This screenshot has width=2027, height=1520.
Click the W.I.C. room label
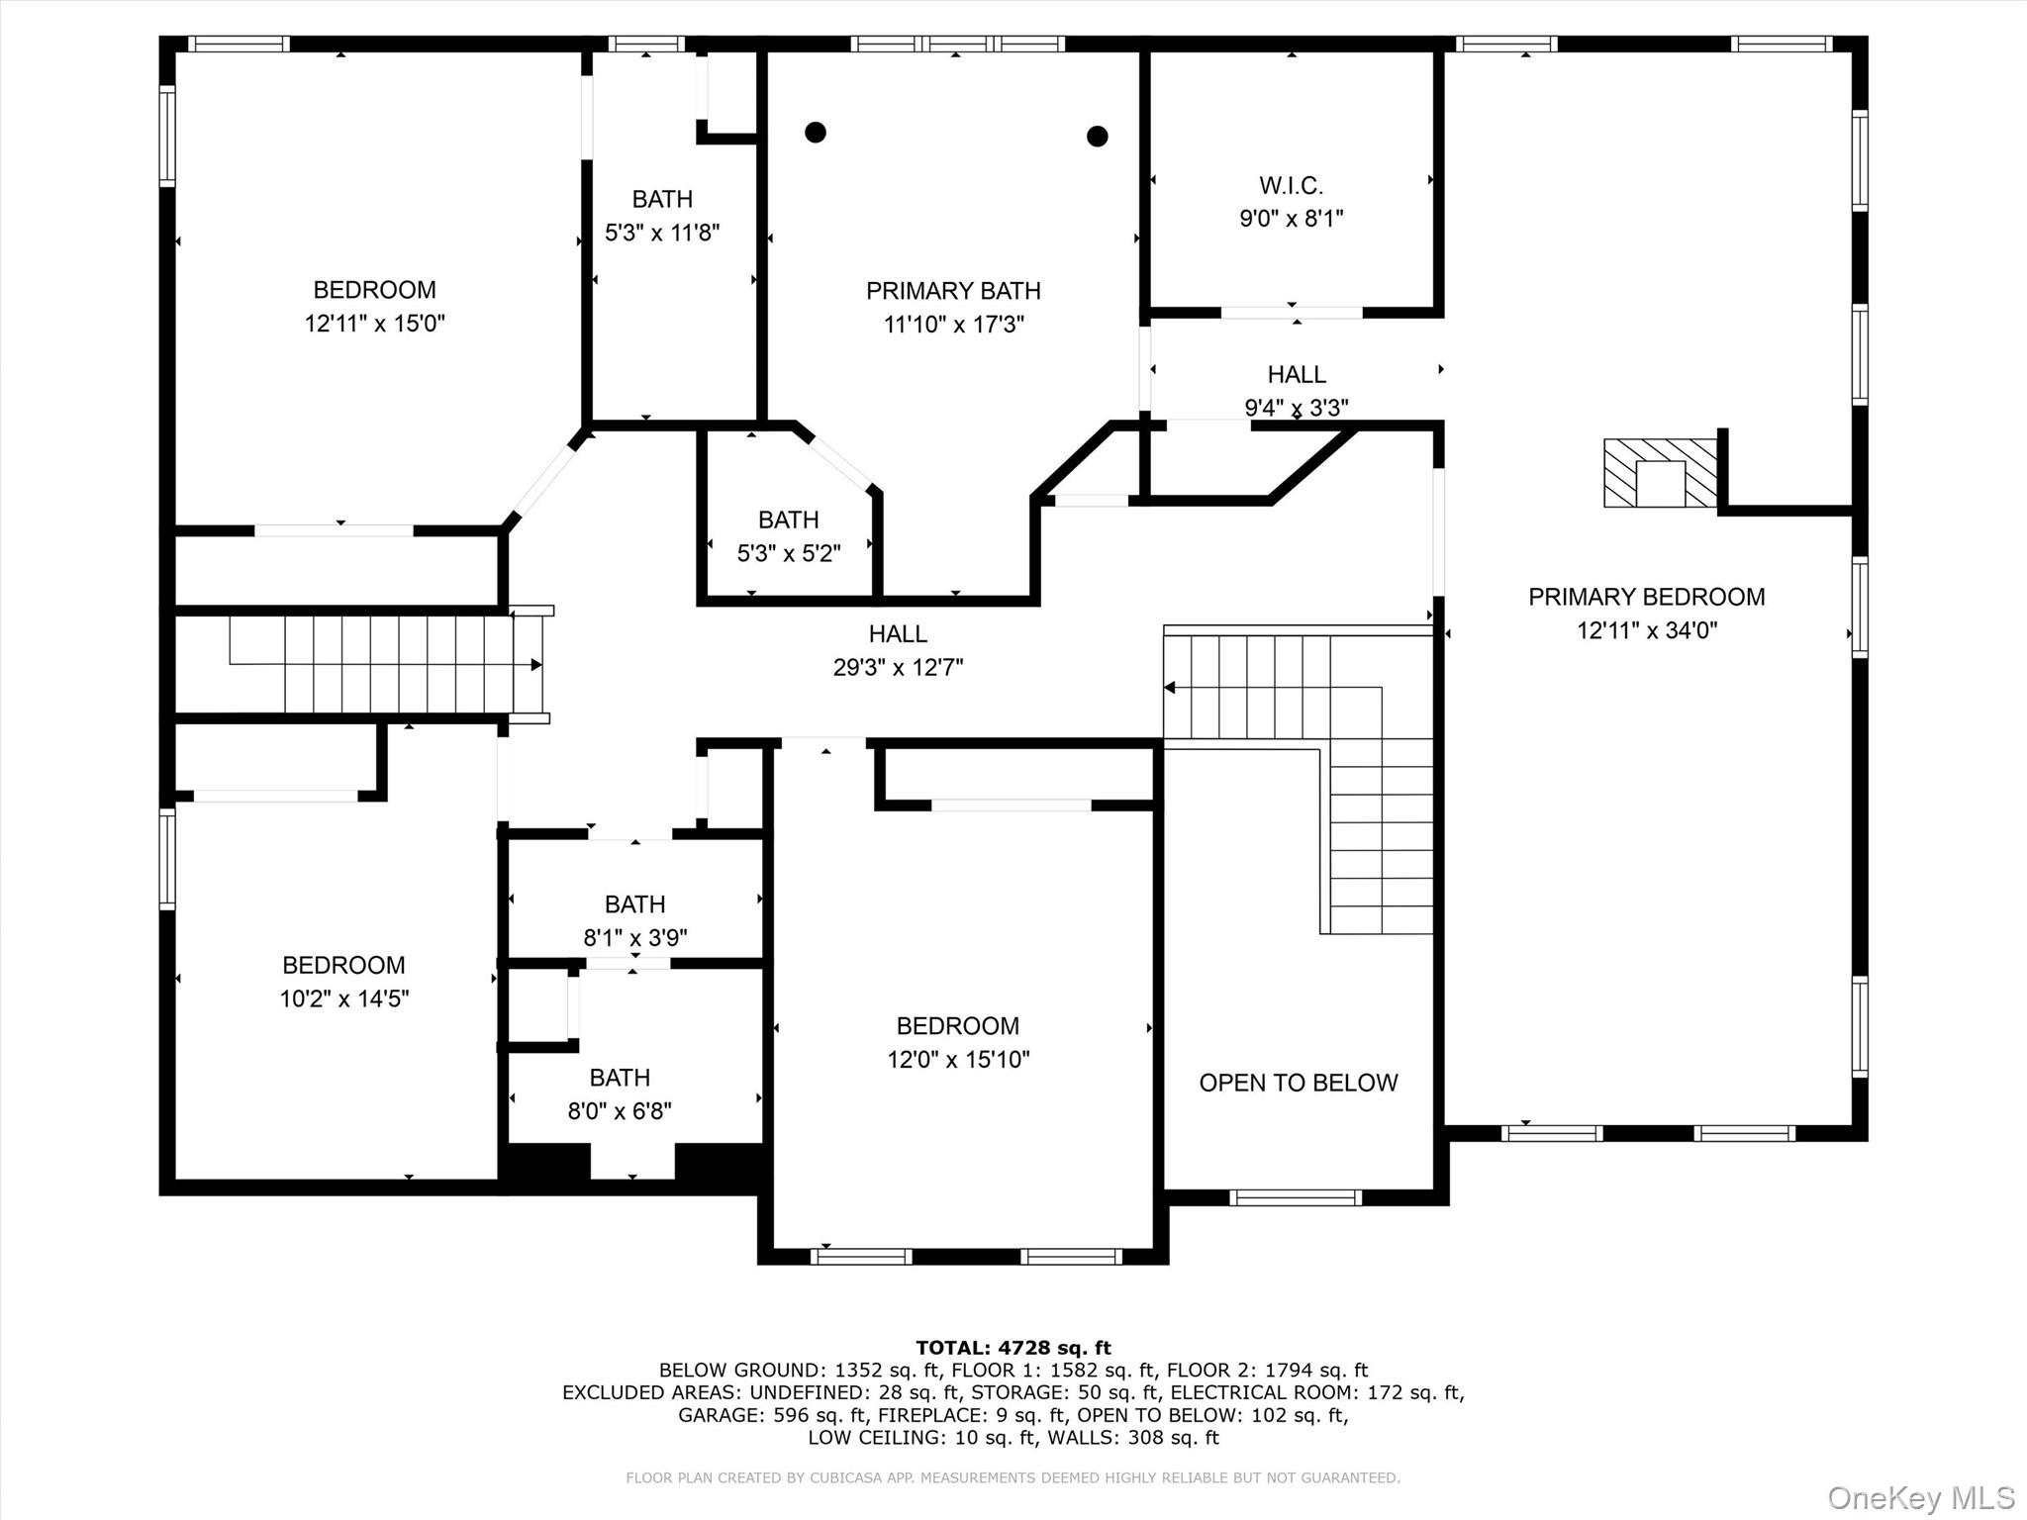coord(1291,185)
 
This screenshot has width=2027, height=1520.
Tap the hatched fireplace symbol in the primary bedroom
coord(1660,473)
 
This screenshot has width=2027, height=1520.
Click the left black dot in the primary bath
coord(816,132)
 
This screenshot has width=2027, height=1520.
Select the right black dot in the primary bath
coord(1097,136)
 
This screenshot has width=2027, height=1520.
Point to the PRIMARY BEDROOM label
coord(1646,597)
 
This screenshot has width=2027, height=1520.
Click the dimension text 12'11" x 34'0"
coord(1646,630)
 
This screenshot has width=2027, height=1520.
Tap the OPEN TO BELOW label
coord(1298,1083)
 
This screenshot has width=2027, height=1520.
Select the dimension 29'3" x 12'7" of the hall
coord(898,667)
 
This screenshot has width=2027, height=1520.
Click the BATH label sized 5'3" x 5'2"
coord(788,520)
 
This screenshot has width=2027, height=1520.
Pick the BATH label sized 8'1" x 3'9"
coord(634,904)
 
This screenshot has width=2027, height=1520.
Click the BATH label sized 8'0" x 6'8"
coord(620,1078)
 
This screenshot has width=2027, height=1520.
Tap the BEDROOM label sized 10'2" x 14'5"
coord(343,965)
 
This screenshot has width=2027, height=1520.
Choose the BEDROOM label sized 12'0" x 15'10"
coord(957,1026)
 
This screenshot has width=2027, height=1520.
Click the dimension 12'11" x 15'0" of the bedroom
coord(374,324)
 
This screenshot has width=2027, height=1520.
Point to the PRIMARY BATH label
coord(953,291)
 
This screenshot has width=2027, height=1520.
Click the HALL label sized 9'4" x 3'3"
coord(1296,375)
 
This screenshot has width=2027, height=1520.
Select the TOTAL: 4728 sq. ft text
coord(1013,1348)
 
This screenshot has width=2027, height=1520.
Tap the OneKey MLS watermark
coord(1920,1497)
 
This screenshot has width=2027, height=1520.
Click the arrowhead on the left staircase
coord(536,665)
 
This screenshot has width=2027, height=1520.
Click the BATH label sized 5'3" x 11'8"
coord(662,199)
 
